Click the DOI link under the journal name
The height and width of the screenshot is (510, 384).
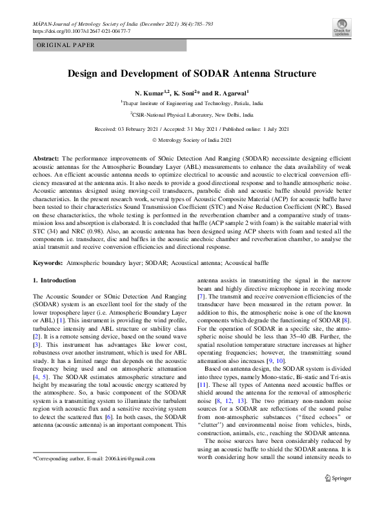81,30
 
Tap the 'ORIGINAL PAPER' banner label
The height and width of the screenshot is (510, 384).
66,45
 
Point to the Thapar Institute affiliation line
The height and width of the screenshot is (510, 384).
192,103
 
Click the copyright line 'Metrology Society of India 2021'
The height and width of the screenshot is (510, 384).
195,139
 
